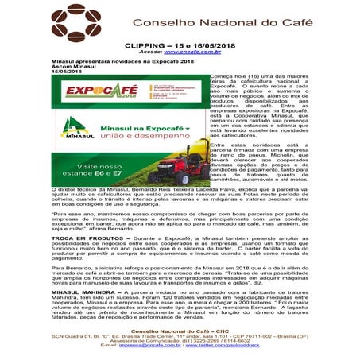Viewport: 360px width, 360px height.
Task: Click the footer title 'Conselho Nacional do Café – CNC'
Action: tap(178, 332)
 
